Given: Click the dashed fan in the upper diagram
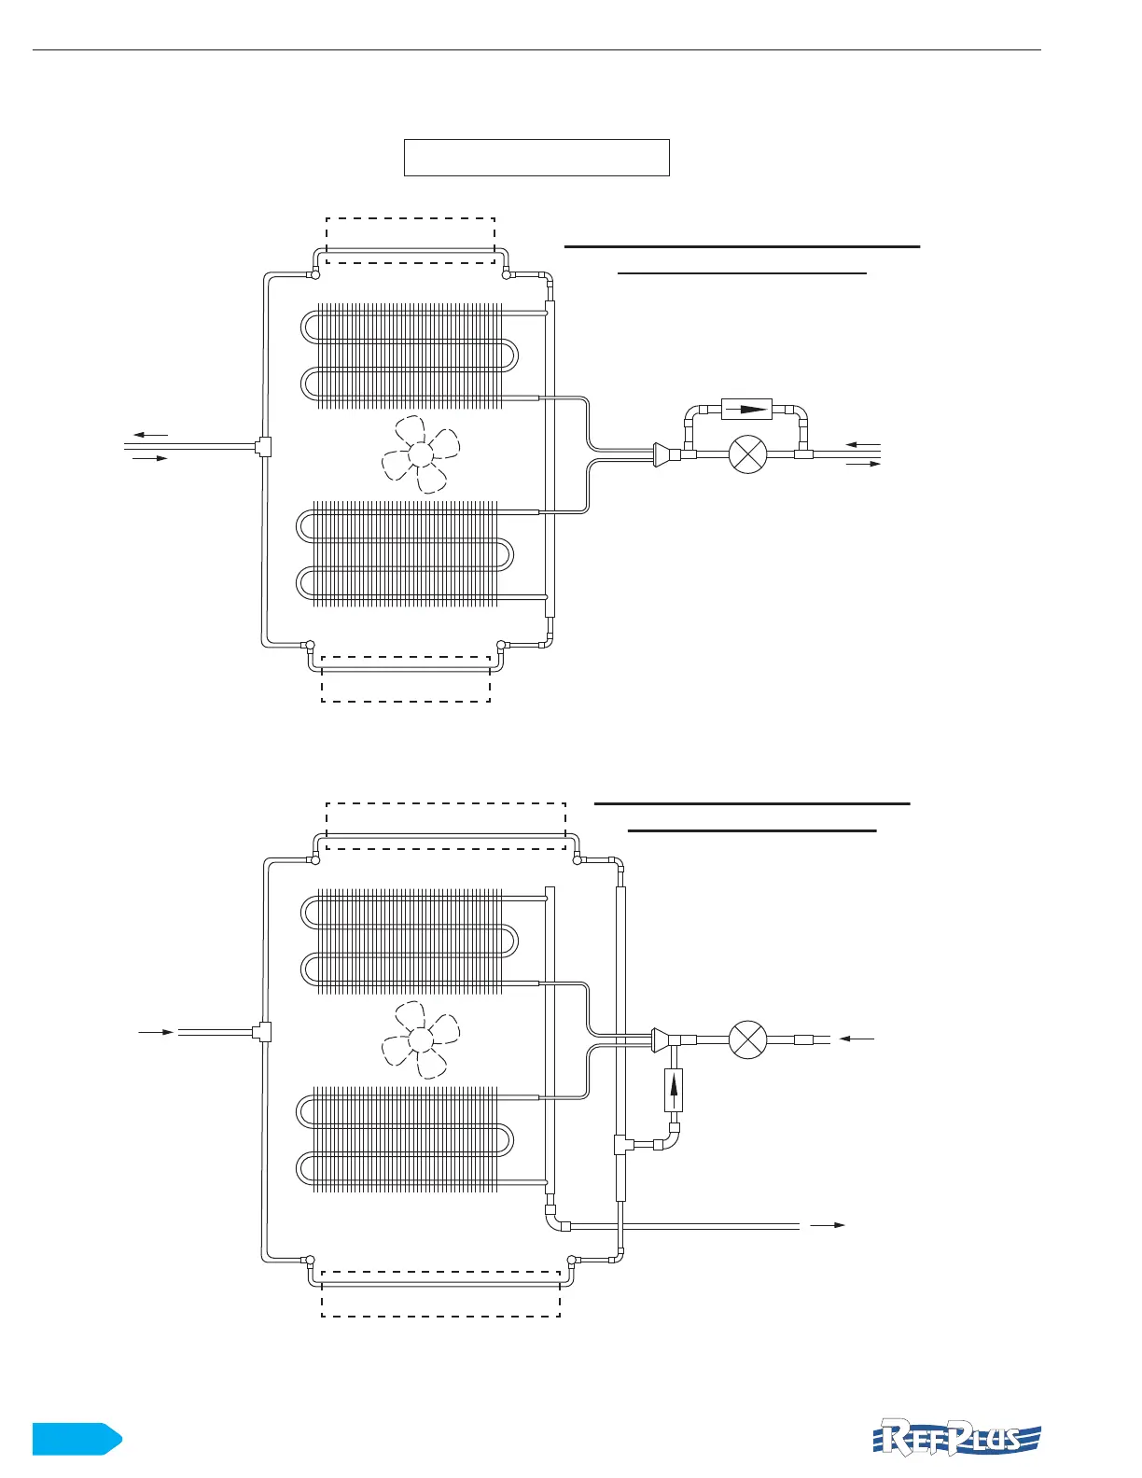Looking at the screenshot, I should pyautogui.click(x=421, y=454).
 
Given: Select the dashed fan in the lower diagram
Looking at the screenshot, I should pyautogui.click(x=420, y=1039).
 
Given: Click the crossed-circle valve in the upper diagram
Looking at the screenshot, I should pyautogui.click(x=746, y=454).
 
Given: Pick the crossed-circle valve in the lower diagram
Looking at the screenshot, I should pyautogui.click(x=746, y=1039).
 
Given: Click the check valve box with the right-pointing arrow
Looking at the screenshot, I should pyautogui.click(x=746, y=410).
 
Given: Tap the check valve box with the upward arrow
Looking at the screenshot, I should pyautogui.click(x=674, y=1089).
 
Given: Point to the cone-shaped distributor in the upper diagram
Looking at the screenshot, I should pyautogui.click(x=662, y=454).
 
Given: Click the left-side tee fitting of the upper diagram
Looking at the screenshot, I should pyautogui.click(x=263, y=446).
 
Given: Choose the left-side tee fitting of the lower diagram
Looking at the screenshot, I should pyautogui.click(x=262, y=1031).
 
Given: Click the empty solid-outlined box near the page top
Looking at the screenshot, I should pyautogui.click(x=536, y=157).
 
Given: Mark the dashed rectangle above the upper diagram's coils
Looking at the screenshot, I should pyautogui.click(x=410, y=240).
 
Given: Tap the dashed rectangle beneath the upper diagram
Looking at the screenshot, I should pyautogui.click(x=406, y=678).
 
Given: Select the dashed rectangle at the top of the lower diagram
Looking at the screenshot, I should pyautogui.click(x=446, y=825).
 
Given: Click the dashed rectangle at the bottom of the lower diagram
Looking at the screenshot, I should pyautogui.click(x=440, y=1293).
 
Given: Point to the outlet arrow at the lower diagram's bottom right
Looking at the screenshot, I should pyautogui.click(x=828, y=1224).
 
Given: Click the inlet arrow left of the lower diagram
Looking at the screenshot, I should pyautogui.click(x=156, y=1032).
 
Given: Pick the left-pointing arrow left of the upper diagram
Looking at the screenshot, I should pyautogui.click(x=150, y=435).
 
